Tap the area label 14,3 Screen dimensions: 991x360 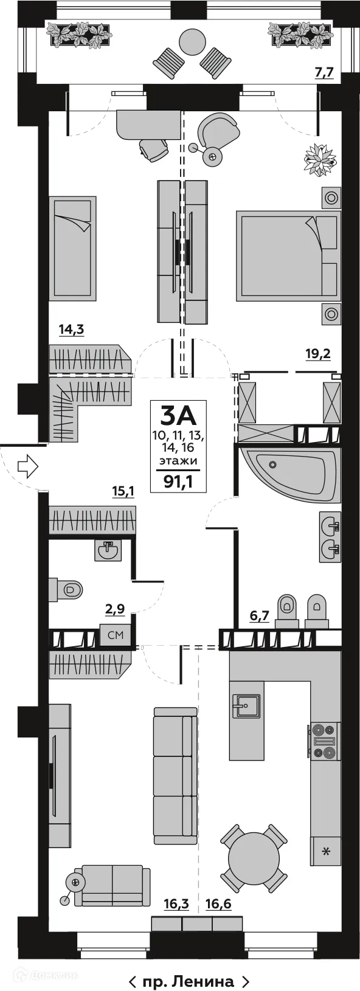(71, 330)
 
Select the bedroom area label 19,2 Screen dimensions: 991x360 (317, 354)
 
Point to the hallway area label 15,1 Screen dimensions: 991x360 (123, 491)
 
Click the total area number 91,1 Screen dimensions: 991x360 (179, 482)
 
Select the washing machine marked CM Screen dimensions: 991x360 (116, 635)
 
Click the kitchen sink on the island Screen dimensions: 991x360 (246, 706)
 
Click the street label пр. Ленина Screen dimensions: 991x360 (189, 981)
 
